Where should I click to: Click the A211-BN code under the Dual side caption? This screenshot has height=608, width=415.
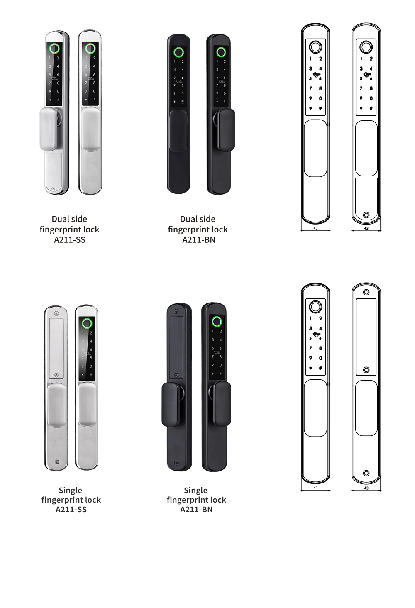pos(198,240)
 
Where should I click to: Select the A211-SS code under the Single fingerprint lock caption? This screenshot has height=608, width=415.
pos(71,510)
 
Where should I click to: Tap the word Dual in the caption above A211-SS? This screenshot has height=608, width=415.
pos(59,219)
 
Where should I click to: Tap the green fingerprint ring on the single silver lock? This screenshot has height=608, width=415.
pos(87,323)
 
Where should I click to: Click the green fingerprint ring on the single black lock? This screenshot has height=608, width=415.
pos(216,321)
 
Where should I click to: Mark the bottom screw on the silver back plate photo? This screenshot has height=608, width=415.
pos(57,462)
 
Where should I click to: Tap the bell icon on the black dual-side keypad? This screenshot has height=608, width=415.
pos(183,101)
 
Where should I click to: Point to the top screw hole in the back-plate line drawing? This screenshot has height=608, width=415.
pos(366,292)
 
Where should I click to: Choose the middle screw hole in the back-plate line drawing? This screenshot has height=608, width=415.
pos(366,370)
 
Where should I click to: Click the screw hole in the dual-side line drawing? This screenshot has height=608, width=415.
pos(366,215)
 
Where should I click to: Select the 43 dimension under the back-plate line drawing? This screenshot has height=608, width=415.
pos(366,488)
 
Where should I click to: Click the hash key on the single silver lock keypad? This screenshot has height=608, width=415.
pos(91,374)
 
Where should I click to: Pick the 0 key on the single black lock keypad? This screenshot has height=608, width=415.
pos(220,365)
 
